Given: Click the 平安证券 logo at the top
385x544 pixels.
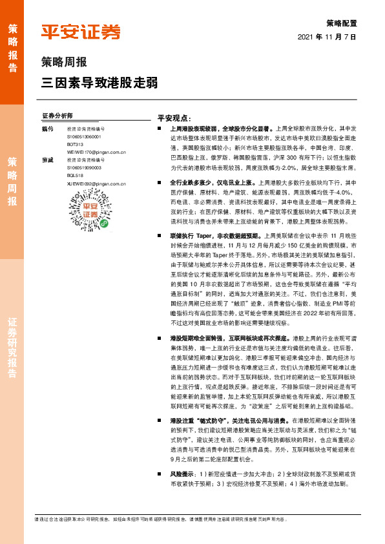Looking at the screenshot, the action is coord(81,32).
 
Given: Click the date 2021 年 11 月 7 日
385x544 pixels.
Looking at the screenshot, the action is coord(328,37).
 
